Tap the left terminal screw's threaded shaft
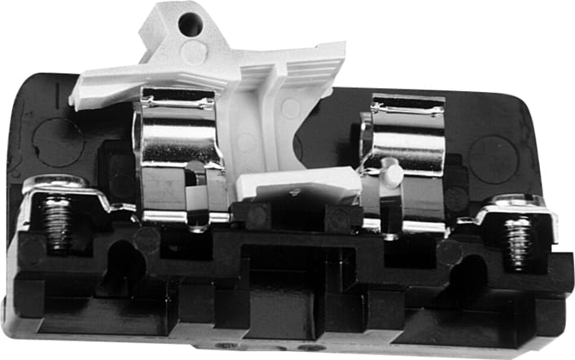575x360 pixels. click(58, 224)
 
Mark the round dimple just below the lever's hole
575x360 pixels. click(194, 54)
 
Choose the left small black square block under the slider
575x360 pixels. click(257, 216)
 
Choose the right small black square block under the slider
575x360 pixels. click(336, 217)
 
